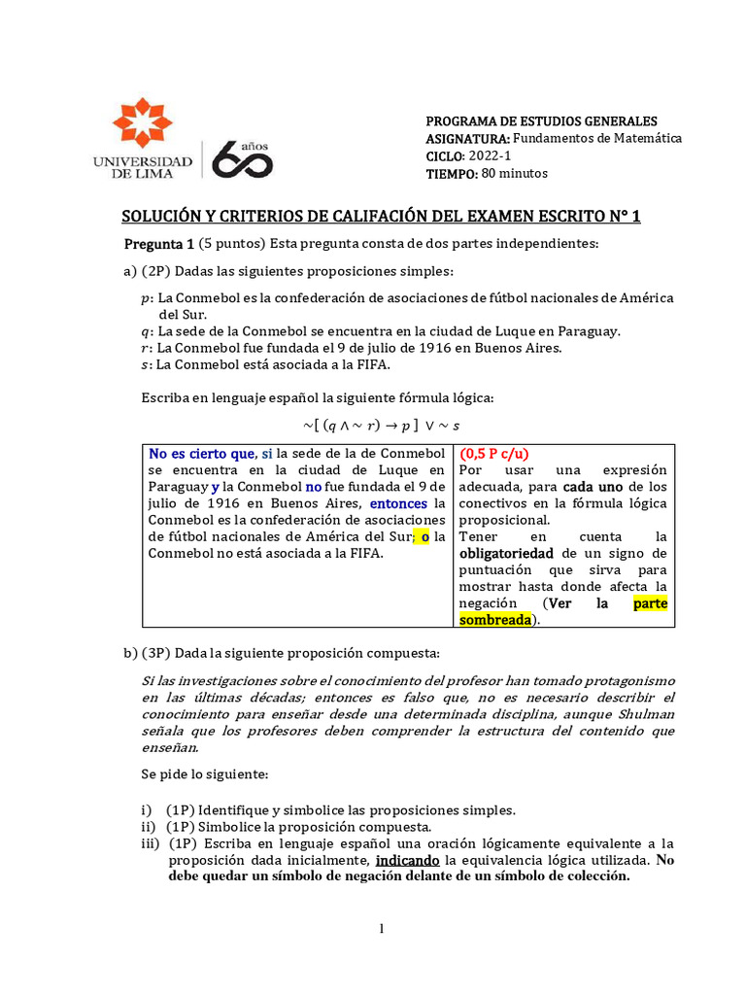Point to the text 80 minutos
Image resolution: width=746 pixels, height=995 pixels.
coord(515,174)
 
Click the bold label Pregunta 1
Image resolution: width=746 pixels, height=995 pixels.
coord(159,243)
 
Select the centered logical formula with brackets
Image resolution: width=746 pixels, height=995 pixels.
coord(381,426)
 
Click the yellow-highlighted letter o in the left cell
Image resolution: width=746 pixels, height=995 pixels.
coord(424,536)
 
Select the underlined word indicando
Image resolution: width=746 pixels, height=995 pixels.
coord(406,860)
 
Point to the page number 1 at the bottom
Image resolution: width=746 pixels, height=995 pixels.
coord(382,930)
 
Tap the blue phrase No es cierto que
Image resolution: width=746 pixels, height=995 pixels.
coord(201,454)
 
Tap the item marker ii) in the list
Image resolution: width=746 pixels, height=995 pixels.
coord(148,826)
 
